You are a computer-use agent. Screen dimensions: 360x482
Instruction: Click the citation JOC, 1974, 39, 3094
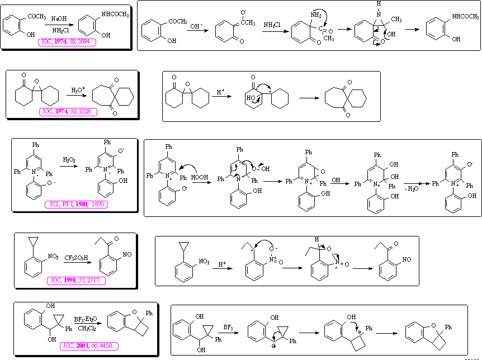67,41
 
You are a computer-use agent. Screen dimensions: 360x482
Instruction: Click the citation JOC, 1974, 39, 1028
68,112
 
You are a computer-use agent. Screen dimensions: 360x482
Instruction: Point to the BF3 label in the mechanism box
228,326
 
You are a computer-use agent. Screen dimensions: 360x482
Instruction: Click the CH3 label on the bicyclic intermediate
396,20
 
